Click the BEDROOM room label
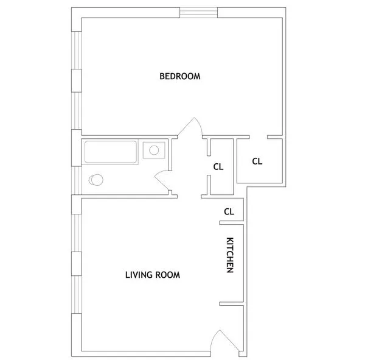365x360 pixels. coord(180,76)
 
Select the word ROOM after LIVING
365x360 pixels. coord(167,275)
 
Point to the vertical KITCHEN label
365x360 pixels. coord(230,255)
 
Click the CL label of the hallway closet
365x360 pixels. coord(218,166)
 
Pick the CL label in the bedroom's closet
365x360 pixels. coord(257,161)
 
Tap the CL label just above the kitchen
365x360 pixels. coord(229,212)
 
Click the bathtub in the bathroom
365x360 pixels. coord(110,152)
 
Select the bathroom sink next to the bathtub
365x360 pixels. coord(153,149)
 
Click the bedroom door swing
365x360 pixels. coord(193,129)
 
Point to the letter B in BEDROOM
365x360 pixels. coord(162,76)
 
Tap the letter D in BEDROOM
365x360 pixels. coord(174,76)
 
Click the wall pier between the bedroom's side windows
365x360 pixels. coord(77,80)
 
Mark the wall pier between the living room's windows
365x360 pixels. coord(77,264)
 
